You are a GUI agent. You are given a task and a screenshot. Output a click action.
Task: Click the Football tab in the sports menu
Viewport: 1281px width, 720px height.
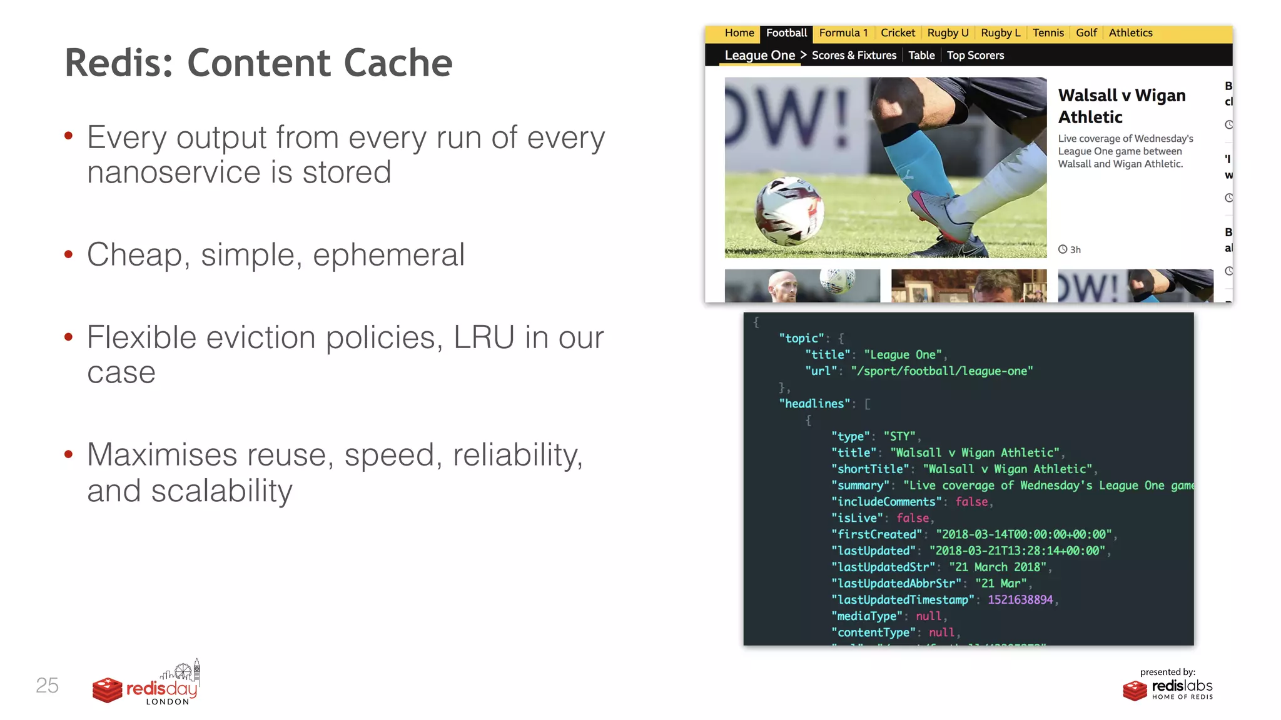786,33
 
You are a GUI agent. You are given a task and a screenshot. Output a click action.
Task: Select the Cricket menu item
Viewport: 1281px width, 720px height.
898,33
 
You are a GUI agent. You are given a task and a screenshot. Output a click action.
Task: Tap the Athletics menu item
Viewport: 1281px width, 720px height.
1130,33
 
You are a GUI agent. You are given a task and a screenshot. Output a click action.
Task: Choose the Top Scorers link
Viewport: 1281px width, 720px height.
975,56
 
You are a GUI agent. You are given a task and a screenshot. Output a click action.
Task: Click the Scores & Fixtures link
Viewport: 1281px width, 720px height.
854,56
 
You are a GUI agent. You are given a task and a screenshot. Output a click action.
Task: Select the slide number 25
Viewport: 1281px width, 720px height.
47,686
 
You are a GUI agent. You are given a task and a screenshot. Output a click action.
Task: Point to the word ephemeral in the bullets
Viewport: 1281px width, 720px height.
388,255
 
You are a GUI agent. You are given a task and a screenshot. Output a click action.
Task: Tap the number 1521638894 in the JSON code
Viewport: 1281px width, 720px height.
1020,600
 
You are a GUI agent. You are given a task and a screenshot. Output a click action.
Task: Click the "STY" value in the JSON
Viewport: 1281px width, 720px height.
899,436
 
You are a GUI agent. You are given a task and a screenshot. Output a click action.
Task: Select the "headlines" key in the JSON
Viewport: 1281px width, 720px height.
814,404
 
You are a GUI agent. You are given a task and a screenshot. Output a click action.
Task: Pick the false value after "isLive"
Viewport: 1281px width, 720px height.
913,518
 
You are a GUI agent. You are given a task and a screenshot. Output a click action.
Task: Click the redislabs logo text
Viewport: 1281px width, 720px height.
1182,686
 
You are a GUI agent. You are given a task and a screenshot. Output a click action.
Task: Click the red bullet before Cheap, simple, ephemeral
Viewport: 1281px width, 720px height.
69,254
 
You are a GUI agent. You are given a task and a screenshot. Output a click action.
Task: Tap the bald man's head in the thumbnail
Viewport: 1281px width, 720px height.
782,286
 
